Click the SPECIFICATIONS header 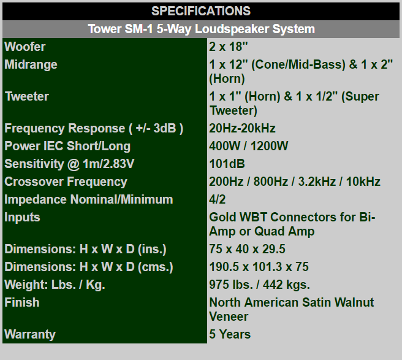point(201,11)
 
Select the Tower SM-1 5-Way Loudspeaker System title point(201,29)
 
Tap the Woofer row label point(25,47)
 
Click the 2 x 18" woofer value point(229,47)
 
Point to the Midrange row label point(31,64)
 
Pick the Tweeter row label point(27,96)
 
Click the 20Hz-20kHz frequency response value point(242,128)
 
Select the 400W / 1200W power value point(249,146)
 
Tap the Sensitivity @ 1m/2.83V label point(69,164)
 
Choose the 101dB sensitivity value point(227,164)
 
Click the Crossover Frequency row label point(66,182)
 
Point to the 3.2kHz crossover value point(317,182)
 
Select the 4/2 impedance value point(218,199)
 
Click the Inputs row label point(22,217)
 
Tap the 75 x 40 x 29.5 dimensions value point(247,249)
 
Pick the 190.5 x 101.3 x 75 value point(259,267)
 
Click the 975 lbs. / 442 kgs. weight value point(259,285)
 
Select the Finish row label point(22,302)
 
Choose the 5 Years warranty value point(230,334)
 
